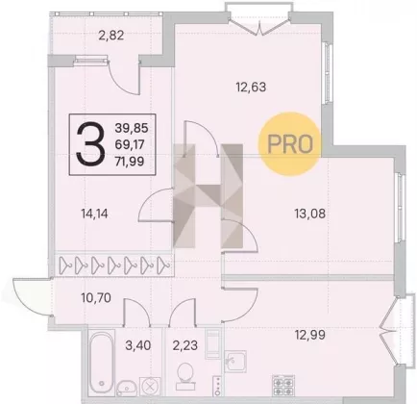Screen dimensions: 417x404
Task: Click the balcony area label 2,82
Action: click(x=111, y=35)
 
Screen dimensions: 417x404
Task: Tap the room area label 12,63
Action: click(x=251, y=87)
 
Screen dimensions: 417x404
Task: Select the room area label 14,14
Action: click(x=94, y=214)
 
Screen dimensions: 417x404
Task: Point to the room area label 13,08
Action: click(x=310, y=214)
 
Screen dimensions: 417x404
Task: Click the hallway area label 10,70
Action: click(x=96, y=298)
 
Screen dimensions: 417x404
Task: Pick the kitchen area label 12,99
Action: click(x=310, y=335)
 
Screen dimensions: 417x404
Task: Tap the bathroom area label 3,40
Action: click(x=138, y=345)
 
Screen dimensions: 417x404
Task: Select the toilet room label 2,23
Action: click(x=185, y=345)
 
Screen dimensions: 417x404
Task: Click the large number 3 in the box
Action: click(x=90, y=144)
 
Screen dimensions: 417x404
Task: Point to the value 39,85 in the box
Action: click(x=132, y=128)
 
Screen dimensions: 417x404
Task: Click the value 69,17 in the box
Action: click(x=130, y=144)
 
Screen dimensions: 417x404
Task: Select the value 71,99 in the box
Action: click(x=130, y=161)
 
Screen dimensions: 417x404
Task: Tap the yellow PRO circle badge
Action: click(x=290, y=143)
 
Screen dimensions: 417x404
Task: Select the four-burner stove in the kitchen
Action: click(x=283, y=387)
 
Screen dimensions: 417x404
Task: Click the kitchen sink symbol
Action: click(x=235, y=362)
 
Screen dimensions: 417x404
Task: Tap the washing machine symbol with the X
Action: click(x=150, y=386)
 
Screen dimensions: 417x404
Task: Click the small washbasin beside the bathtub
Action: click(x=127, y=388)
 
